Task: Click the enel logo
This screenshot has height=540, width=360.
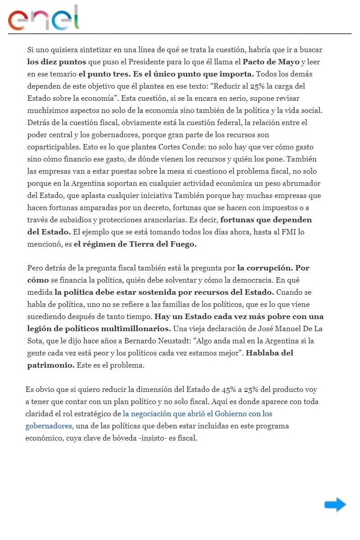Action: (x=44, y=18)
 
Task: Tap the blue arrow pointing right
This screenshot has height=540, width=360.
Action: (x=335, y=505)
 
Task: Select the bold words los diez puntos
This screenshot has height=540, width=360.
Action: (x=52, y=62)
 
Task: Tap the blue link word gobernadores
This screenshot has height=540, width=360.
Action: (x=49, y=426)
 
